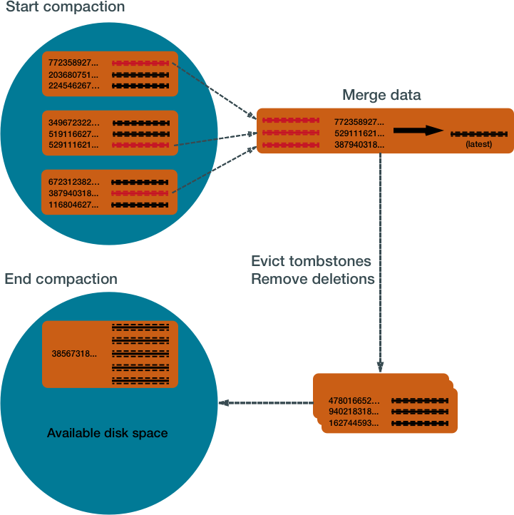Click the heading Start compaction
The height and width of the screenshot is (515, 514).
tap(65, 8)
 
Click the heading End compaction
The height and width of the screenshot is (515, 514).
tap(61, 279)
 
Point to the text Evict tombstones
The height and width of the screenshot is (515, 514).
tap(311, 261)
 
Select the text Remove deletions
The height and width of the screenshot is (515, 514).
tap(313, 279)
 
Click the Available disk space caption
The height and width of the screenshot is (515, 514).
tap(108, 433)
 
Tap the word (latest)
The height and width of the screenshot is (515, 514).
tap(478, 145)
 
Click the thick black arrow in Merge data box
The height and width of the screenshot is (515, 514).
tap(418, 131)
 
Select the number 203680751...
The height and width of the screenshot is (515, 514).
tap(74, 75)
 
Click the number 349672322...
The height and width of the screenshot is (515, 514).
tap(74, 123)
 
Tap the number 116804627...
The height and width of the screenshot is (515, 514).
tap(74, 205)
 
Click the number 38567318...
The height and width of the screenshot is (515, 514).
tap(74, 353)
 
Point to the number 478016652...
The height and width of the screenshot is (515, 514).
tap(354, 401)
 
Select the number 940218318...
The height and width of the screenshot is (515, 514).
tap(354, 412)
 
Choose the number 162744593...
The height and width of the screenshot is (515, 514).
tap(354, 424)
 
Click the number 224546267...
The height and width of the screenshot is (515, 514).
tap(74, 86)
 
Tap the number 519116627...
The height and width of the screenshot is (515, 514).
tap(74, 134)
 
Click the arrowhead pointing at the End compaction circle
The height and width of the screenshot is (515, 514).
tap(222, 403)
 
